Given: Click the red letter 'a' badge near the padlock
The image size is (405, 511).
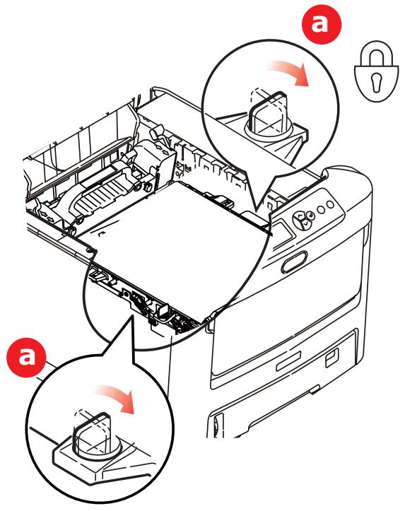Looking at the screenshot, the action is pyautogui.click(x=322, y=24).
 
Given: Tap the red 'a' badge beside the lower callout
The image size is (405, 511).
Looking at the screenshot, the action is pyautogui.click(x=26, y=358).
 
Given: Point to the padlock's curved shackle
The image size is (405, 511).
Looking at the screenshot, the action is pyautogui.click(x=376, y=52).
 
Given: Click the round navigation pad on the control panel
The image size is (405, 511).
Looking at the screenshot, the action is pyautogui.click(x=303, y=219).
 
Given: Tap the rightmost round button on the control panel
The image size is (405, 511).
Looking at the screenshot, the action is pyautogui.click(x=330, y=205).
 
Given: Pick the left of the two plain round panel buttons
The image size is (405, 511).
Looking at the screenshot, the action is pyautogui.click(x=321, y=209).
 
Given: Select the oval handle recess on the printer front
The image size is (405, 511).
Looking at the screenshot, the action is pyautogui.click(x=294, y=262).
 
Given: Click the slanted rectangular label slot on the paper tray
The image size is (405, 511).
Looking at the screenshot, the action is pyautogui.click(x=289, y=362).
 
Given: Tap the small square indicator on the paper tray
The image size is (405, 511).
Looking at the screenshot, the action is pyautogui.click(x=332, y=356).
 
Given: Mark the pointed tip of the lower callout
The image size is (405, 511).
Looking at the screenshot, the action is pyautogui.click(x=132, y=315).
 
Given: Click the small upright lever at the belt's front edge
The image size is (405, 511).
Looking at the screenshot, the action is pyautogui.click(x=163, y=310).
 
